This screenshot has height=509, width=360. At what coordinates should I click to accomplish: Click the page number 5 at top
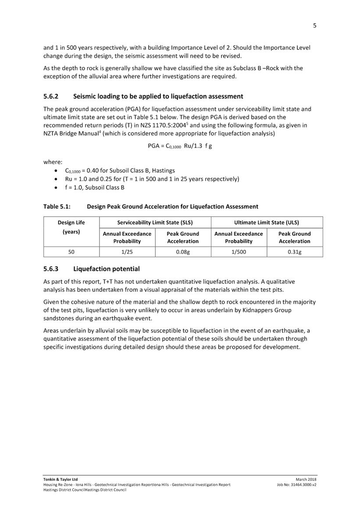(314, 25)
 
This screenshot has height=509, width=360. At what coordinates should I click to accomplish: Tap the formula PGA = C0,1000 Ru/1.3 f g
(180, 146)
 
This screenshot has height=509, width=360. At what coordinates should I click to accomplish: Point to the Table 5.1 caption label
(57, 206)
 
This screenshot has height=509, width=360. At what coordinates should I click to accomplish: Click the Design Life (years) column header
(71, 227)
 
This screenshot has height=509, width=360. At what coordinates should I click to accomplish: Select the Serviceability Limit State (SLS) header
(155, 222)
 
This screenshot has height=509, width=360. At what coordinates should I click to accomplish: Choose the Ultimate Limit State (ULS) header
(267, 222)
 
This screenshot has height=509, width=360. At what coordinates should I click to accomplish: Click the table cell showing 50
(71, 252)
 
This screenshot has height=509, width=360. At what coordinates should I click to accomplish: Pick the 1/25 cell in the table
(127, 252)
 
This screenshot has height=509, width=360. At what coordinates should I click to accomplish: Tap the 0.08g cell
(183, 252)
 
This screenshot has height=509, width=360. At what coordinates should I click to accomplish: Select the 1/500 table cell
(239, 252)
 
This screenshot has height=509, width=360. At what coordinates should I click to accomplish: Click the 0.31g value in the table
(295, 252)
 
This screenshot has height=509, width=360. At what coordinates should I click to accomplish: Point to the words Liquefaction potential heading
(107, 269)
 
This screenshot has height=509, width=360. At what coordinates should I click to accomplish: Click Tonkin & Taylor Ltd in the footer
(61, 479)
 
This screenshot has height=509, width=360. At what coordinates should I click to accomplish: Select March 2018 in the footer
(306, 479)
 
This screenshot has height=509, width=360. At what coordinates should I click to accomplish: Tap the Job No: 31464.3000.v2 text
(297, 484)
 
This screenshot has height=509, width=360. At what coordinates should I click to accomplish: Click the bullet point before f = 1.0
(54, 188)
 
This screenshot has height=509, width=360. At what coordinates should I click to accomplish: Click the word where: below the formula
(53, 162)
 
